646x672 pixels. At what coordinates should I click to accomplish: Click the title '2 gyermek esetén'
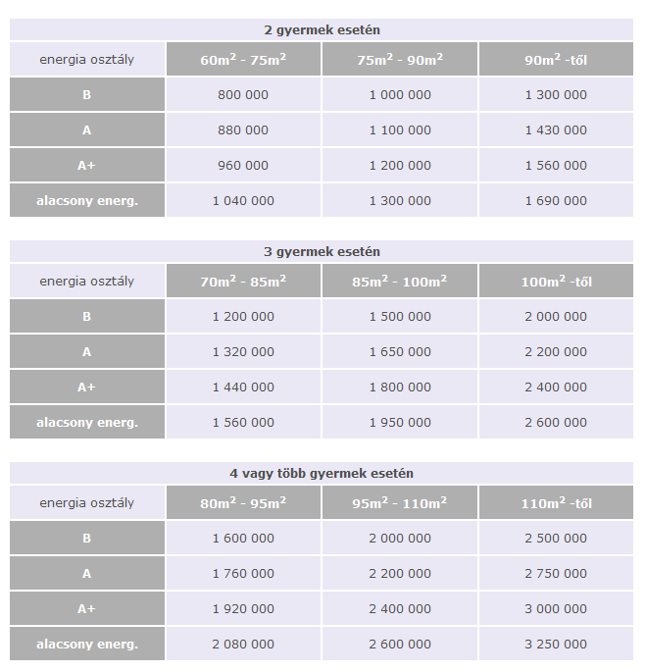[x=323, y=30]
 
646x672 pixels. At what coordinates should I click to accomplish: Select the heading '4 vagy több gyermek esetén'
[x=323, y=474]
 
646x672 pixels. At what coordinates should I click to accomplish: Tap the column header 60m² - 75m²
[x=243, y=60]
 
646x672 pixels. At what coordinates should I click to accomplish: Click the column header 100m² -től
[x=556, y=282]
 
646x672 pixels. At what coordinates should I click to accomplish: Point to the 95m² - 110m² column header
[x=399, y=503]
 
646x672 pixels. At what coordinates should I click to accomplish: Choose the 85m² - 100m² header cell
[x=399, y=282]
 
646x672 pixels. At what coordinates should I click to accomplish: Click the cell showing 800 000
[x=243, y=95]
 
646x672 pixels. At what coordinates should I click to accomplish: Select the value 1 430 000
[x=556, y=130]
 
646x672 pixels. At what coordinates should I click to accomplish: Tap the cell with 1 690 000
[x=556, y=201]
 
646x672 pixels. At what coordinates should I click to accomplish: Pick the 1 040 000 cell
[x=243, y=201]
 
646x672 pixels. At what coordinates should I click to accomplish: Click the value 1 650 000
[x=399, y=352]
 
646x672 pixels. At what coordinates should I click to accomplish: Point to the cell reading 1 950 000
[x=399, y=423]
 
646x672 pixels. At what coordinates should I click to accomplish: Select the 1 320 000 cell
[x=243, y=352]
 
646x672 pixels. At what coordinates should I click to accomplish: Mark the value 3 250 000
[x=556, y=645]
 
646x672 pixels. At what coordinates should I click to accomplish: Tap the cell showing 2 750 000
[x=556, y=574]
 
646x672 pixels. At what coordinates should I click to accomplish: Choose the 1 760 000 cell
[x=243, y=574]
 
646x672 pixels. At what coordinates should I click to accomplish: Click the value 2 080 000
[x=243, y=645]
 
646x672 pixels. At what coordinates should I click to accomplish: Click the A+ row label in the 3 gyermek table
[x=87, y=388]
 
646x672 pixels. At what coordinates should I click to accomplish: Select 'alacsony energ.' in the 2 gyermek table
[x=87, y=201]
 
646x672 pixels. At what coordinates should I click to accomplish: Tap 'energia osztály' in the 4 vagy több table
[x=87, y=503]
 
